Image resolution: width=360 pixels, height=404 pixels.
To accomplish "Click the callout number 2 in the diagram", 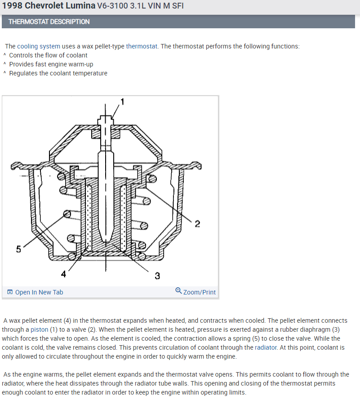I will (197, 224).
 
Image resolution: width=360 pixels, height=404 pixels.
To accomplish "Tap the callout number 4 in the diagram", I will (63, 273).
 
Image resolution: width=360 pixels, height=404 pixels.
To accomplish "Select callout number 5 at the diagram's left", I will (18, 250).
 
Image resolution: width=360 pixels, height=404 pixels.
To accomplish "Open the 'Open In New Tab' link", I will (39, 292).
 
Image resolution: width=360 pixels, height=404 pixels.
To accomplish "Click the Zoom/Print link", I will (200, 292).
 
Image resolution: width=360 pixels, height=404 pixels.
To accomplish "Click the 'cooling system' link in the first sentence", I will (39, 46).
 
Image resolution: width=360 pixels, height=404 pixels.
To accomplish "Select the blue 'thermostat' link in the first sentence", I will (142, 46).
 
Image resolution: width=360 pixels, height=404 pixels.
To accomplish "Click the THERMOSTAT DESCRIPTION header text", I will (49, 22).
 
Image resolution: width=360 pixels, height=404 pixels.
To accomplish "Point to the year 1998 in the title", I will (12, 6).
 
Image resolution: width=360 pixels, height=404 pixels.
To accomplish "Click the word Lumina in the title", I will (81, 6).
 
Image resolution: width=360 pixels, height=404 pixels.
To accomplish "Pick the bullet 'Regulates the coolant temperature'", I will (58, 73).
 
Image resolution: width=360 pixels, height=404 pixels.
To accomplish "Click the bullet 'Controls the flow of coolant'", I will (48, 55).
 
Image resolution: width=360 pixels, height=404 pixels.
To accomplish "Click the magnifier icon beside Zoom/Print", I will (178, 292).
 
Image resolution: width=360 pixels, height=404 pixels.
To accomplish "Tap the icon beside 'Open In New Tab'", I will (10, 292).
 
